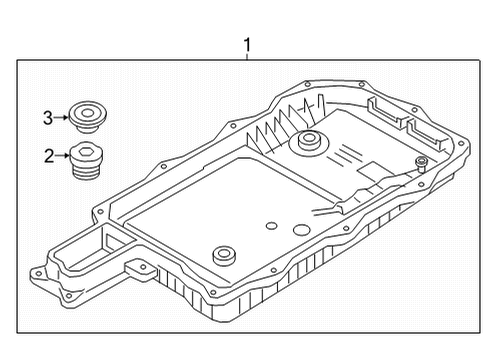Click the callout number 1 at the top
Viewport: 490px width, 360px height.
tap(247, 44)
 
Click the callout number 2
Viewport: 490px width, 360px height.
tap(47, 156)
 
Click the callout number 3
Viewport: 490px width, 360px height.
tap(47, 117)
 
